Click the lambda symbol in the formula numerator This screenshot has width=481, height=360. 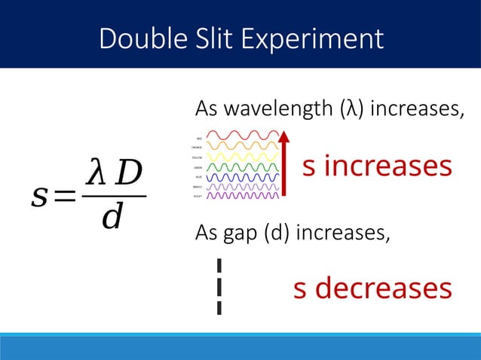click(x=96, y=174)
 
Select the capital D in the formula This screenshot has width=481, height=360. click(x=125, y=174)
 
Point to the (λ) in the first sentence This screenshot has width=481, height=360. click(x=341, y=110)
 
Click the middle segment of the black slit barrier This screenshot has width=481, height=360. click(x=219, y=286)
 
